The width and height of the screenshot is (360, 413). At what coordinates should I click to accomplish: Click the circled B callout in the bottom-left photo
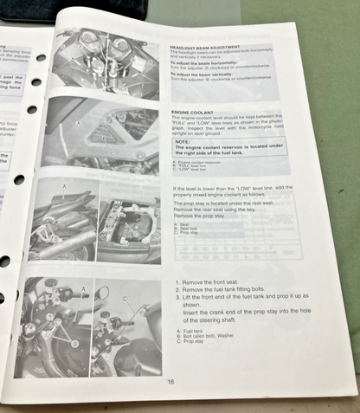pyautogui.click(x=74, y=343)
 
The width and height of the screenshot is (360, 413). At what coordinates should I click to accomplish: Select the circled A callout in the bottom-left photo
pyautogui.click(x=82, y=287)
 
